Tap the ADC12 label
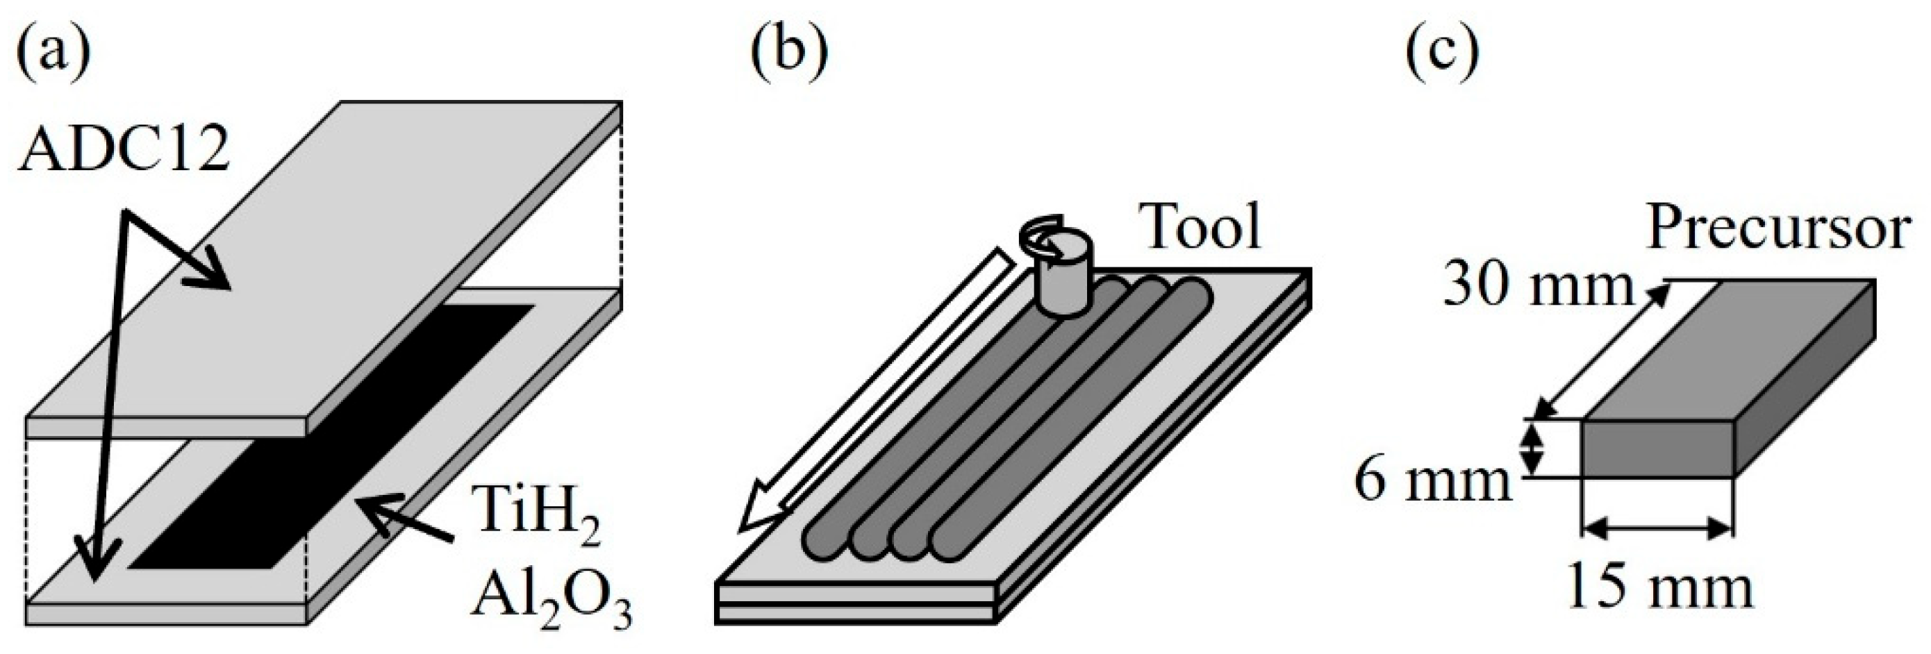coord(124,151)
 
